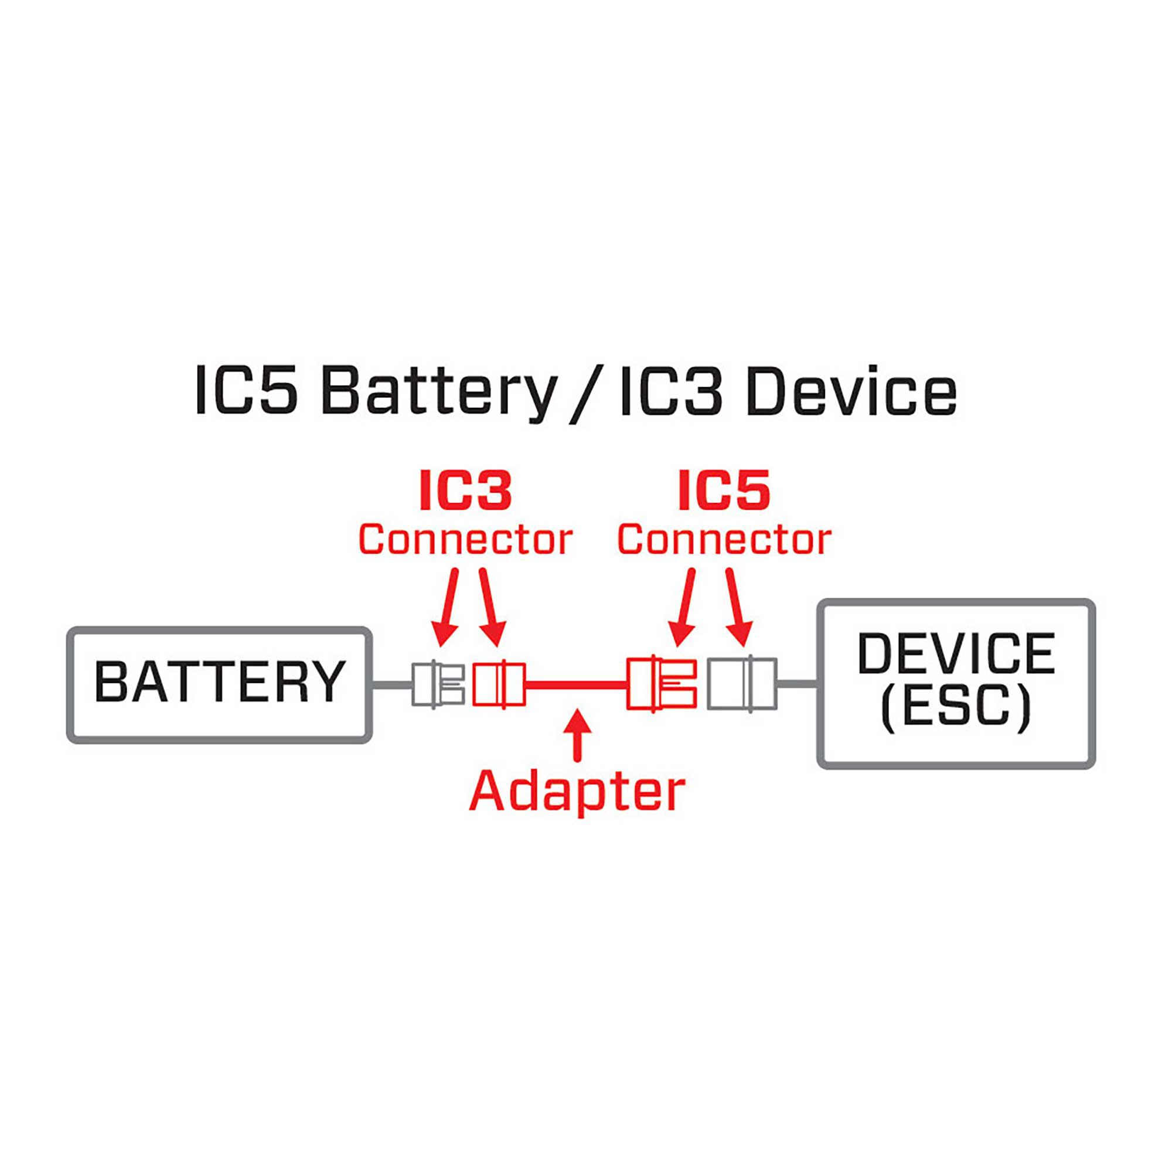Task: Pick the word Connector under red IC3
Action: click(465, 539)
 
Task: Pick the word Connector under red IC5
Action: click(724, 539)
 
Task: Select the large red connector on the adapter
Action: click(661, 684)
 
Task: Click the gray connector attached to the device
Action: click(741, 684)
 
